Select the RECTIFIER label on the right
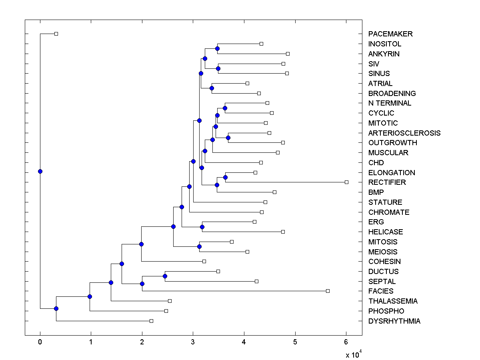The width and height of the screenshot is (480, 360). click(387, 182)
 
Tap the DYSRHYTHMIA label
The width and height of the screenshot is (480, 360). click(394, 321)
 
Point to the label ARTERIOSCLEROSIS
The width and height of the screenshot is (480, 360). click(404, 133)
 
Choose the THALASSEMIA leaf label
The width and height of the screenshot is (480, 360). click(393, 301)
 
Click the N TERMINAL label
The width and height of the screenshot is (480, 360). click(390, 103)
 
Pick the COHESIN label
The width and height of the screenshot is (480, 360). click(384, 262)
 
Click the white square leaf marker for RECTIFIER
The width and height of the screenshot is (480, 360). click(346, 182)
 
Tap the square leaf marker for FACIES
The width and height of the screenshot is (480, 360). click(328, 291)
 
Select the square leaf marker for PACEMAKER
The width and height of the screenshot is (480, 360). click(56, 34)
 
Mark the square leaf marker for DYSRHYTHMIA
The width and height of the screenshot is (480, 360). click(151, 321)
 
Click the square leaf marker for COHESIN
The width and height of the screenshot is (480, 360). click(204, 261)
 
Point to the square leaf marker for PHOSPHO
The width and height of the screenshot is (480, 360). click(166, 311)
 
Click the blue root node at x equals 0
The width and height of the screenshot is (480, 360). click(40, 171)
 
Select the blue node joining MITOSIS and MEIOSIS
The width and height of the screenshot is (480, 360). click(199, 246)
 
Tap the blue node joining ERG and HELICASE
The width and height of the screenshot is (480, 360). click(202, 227)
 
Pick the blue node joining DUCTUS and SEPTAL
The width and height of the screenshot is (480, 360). click(165, 276)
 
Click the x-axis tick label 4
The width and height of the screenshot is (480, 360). click(244, 342)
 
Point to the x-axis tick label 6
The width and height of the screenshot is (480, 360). click(346, 342)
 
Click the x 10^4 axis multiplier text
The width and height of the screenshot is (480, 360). click(354, 354)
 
